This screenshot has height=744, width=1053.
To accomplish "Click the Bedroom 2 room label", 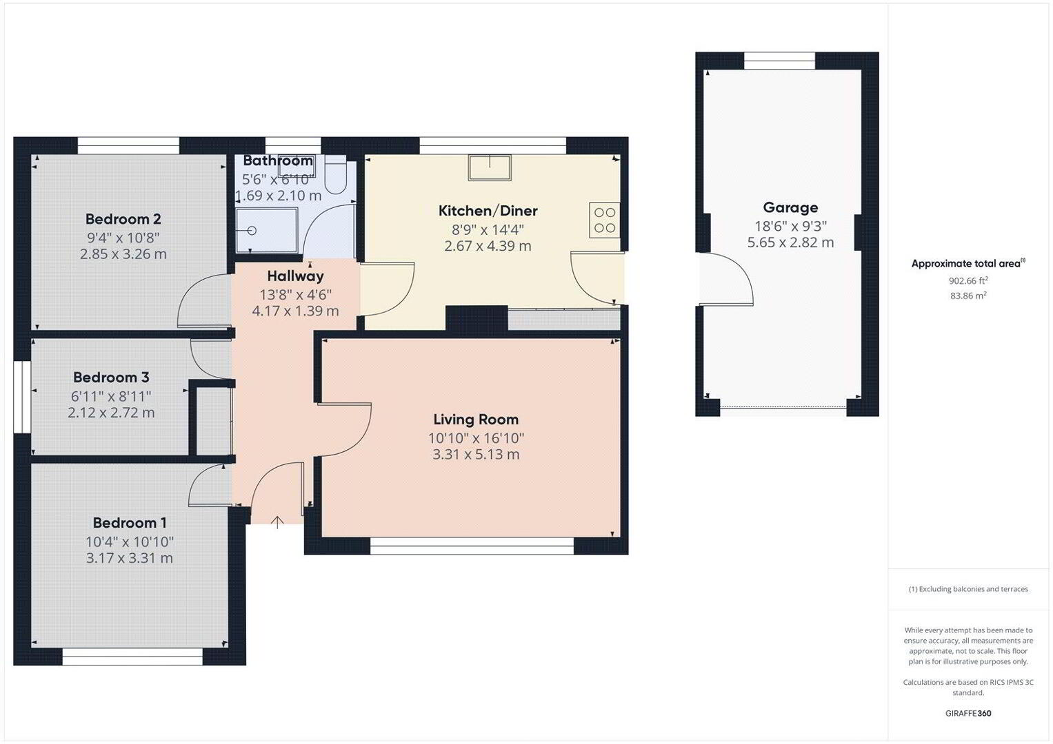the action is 123,219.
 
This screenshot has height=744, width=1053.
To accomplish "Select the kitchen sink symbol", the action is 490,167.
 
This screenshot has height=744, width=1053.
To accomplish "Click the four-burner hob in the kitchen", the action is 605,220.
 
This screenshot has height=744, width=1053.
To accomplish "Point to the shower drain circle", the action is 252,231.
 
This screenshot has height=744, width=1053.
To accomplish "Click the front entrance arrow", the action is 278,522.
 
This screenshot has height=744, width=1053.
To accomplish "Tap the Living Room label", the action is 476,419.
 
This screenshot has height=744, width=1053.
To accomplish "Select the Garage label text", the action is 790,207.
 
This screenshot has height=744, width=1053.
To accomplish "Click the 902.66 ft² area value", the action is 968,280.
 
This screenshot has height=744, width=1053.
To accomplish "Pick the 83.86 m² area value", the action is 968,296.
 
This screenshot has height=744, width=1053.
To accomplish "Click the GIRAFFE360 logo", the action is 968,713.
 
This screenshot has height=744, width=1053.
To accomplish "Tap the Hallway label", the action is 295,276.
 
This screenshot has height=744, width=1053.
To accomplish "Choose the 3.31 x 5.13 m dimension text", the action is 476,454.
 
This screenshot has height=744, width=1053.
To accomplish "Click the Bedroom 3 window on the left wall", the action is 22,396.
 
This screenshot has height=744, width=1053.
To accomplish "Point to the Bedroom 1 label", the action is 129,522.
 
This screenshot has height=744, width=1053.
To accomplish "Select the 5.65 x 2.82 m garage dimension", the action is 790,242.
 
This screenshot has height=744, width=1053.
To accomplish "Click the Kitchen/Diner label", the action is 488,211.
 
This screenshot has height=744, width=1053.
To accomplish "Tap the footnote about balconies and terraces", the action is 968,589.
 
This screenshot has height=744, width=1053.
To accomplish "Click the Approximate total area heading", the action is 968,263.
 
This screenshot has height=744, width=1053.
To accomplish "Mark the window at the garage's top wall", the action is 779,61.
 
